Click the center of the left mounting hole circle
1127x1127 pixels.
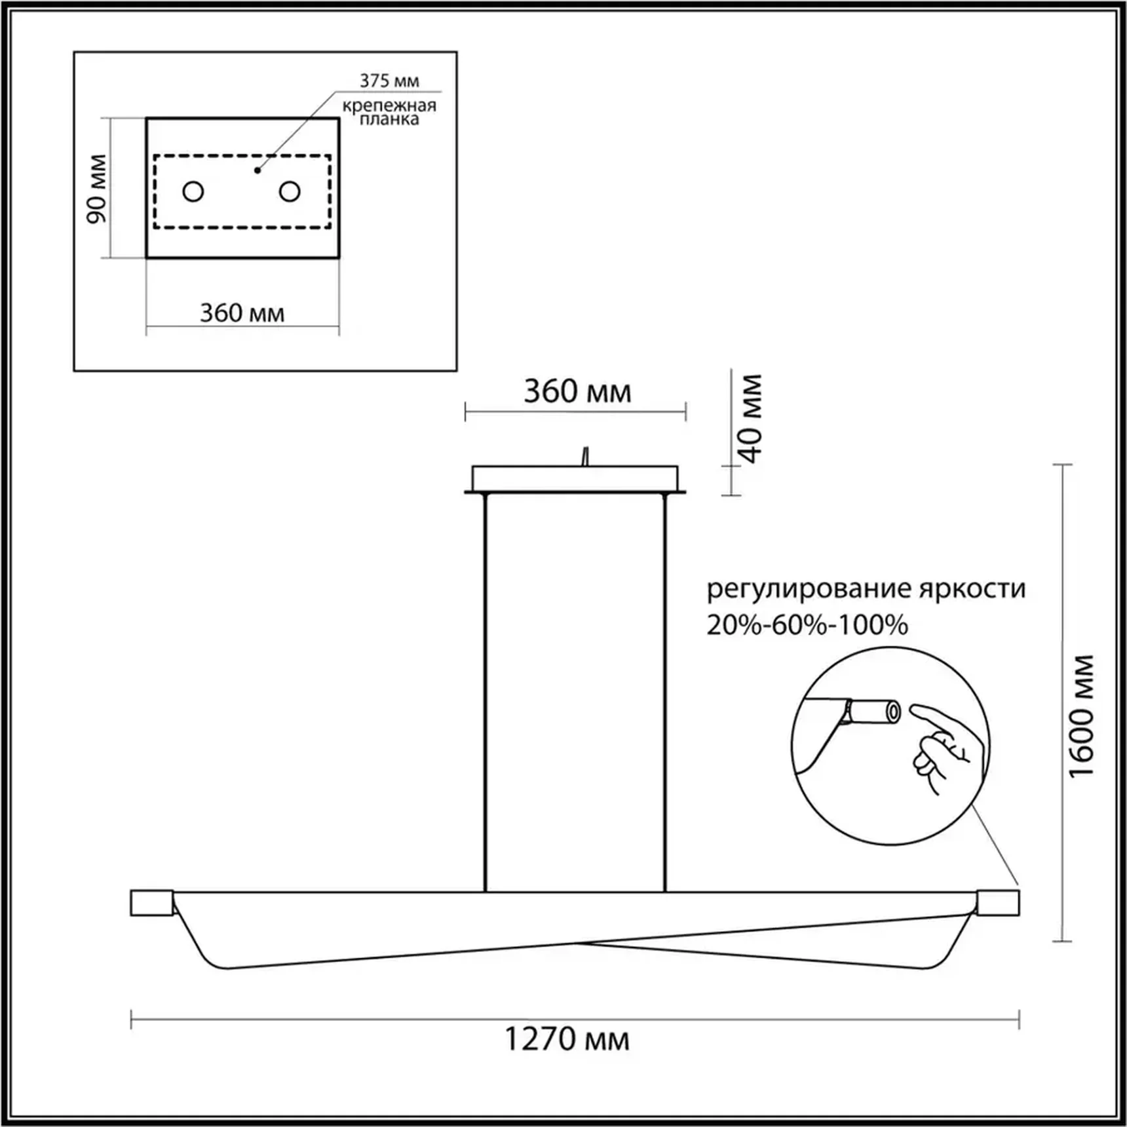(x=193, y=191)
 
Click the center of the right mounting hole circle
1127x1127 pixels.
(x=290, y=191)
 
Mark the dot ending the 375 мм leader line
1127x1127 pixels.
(x=258, y=170)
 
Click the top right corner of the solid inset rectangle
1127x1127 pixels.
(x=339, y=119)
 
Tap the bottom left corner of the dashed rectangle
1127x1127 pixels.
(x=155, y=228)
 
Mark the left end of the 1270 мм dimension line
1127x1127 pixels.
(x=132, y=1020)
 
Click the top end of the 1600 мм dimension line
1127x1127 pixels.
(x=1062, y=465)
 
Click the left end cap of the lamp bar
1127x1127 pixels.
(x=152, y=902)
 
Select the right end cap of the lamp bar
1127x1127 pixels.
(x=998, y=902)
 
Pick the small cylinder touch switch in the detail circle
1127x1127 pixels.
(x=872, y=712)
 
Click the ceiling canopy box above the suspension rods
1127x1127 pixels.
(x=575, y=479)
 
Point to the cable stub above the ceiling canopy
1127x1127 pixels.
(x=585, y=457)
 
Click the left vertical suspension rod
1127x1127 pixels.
(x=486, y=692)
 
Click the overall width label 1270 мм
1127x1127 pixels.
(x=567, y=1040)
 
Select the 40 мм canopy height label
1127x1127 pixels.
(x=752, y=419)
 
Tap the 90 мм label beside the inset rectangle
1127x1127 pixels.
(x=97, y=189)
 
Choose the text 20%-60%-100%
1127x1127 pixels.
(x=807, y=625)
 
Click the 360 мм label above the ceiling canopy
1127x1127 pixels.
(x=577, y=392)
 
